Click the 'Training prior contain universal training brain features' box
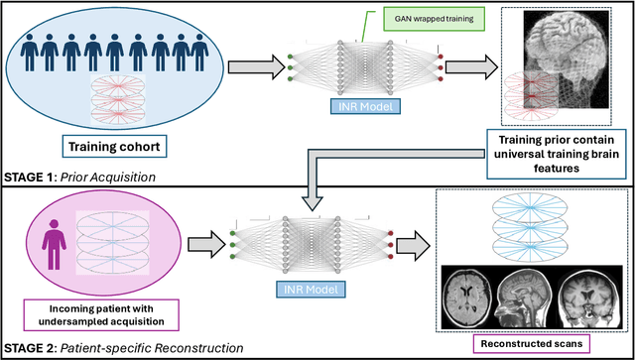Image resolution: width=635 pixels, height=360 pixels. (557, 151)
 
